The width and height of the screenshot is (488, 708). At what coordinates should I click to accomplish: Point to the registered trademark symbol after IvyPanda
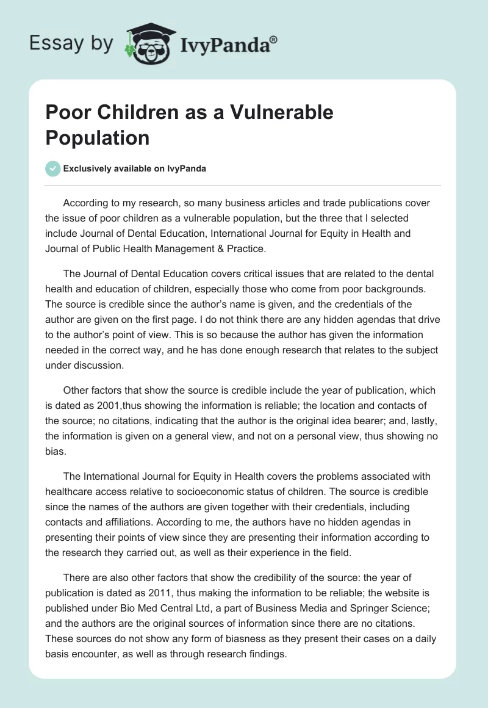click(274, 39)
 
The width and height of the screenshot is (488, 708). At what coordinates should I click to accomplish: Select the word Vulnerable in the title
click(277, 112)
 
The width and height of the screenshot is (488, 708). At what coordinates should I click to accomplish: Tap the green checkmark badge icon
click(52, 168)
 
